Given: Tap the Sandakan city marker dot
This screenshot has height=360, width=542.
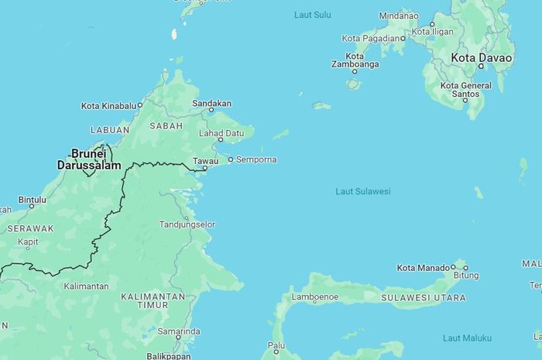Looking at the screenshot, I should click(x=211, y=110).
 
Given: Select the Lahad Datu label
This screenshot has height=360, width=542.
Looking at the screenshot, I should click(x=221, y=132).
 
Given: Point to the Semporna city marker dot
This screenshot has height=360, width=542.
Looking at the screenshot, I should click(x=230, y=160).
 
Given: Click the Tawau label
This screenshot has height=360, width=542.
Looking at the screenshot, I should click(x=205, y=160).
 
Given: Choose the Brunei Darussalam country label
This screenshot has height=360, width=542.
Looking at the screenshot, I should click(x=88, y=159).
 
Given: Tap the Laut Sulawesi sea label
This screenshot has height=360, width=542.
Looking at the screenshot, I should click(x=362, y=191).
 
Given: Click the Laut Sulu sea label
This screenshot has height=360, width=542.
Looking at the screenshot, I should click(x=313, y=15).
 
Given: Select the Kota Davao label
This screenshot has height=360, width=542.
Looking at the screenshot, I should click(x=482, y=58).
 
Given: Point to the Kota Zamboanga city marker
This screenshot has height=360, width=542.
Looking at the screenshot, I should click(x=355, y=71).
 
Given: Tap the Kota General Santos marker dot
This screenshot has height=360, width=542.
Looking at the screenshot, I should click(x=465, y=101).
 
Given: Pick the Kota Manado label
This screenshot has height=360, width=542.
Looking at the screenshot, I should click(x=422, y=268).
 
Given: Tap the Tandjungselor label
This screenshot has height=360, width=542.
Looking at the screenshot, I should click(x=187, y=225).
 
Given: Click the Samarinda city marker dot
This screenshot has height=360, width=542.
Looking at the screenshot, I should click(x=178, y=338).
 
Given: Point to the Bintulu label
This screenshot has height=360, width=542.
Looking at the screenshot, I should click(x=32, y=199).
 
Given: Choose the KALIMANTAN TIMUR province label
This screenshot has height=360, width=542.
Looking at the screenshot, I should click(x=153, y=300).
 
